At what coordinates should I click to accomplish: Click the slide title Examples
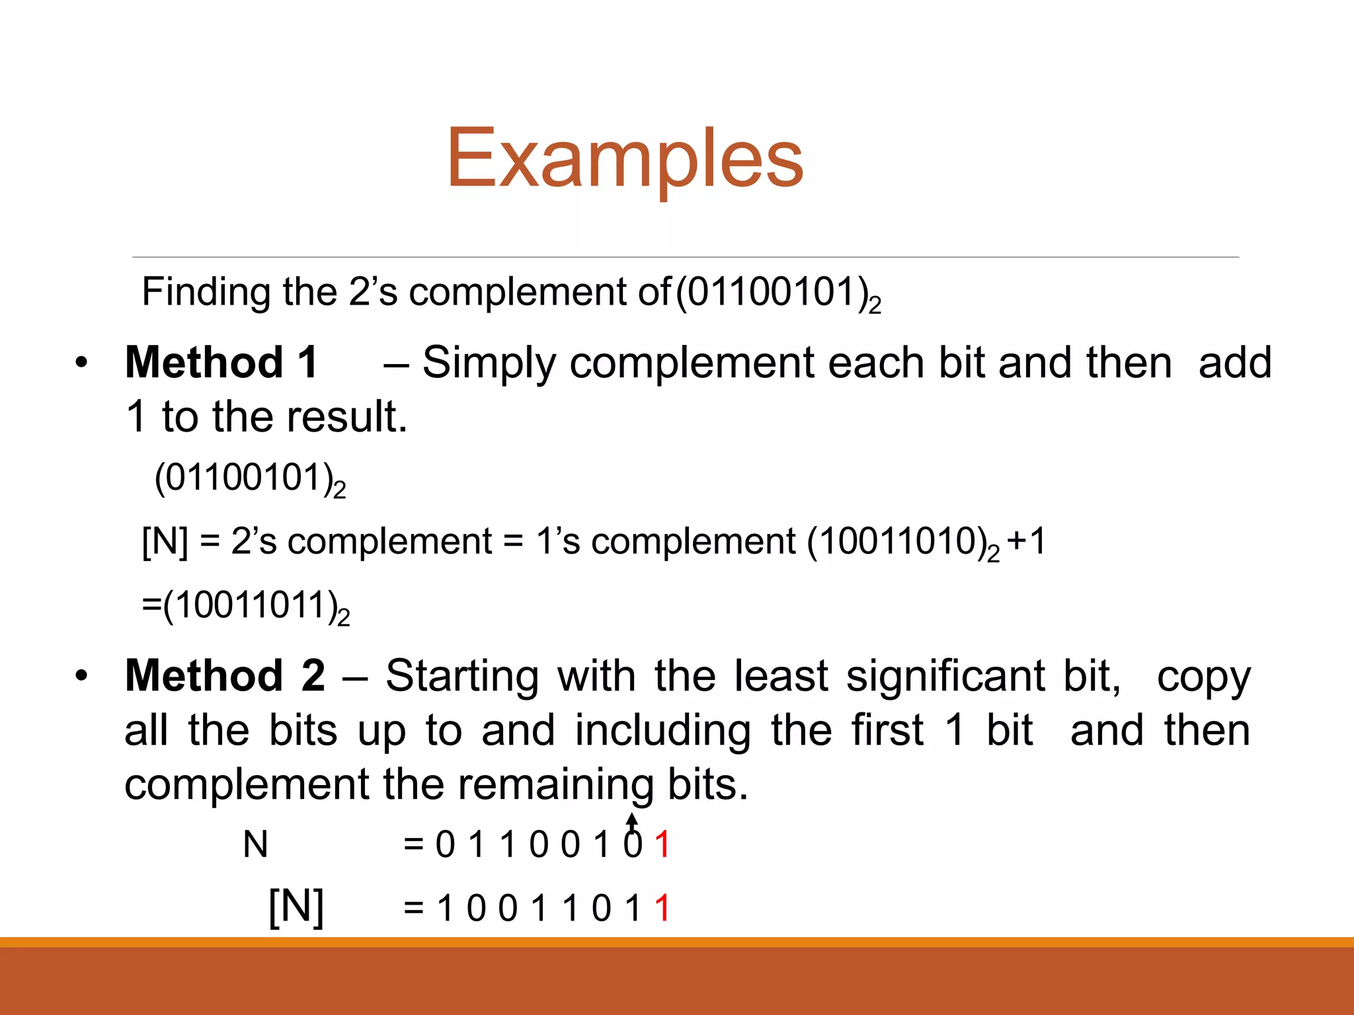tap(625, 159)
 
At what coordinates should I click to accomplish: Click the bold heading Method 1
tap(222, 363)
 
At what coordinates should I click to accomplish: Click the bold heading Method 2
tap(225, 676)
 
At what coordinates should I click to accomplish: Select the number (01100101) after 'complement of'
tap(774, 292)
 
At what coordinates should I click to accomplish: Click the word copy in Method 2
tap(1203, 677)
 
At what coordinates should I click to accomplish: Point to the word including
tap(662, 731)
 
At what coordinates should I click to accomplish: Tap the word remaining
tap(555, 785)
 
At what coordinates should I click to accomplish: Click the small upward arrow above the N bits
tap(633, 822)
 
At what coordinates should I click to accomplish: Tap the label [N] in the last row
tap(296, 907)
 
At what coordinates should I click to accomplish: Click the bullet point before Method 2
tap(81, 676)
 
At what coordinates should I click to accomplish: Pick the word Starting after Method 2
tap(462, 676)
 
